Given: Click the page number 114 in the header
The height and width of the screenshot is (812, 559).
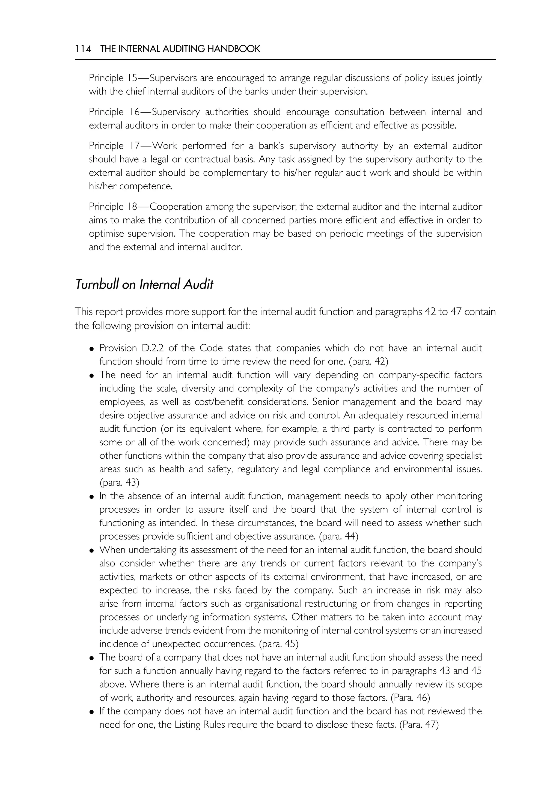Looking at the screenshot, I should tap(83, 49).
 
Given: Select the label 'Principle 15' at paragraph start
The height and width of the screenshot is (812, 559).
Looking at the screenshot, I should tap(111, 78).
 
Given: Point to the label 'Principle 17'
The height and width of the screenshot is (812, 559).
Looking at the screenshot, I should tap(112, 146).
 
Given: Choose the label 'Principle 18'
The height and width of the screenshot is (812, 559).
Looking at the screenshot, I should tap(112, 207).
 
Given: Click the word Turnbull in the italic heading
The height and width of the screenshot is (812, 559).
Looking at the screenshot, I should tap(97, 284).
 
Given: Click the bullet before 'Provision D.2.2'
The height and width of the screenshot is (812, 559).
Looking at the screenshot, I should tap(91, 349).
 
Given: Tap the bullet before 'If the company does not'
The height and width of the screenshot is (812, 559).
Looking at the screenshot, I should tap(91, 712).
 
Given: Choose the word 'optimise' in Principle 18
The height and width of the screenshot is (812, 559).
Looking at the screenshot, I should tap(106, 234).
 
